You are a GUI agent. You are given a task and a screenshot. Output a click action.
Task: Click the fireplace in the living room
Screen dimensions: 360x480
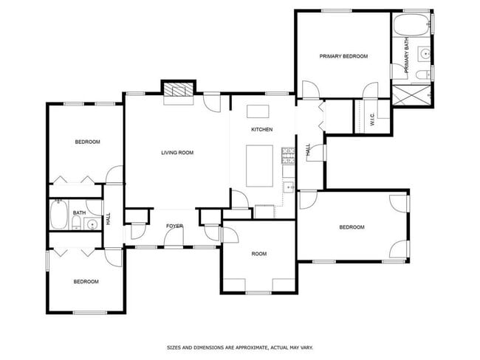[179, 91]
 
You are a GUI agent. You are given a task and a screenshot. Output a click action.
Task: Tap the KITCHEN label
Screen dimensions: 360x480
[261, 130]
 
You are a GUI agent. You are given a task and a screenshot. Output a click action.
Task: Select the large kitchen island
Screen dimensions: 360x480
[258, 165]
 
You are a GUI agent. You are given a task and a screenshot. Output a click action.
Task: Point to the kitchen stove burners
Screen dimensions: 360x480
[288, 155]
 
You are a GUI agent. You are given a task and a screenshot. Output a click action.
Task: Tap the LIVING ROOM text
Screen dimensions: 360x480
[177, 153]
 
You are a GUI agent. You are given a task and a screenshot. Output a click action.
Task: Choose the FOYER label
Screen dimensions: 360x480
[174, 226]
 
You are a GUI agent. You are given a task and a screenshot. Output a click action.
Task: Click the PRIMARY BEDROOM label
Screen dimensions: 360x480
[343, 56]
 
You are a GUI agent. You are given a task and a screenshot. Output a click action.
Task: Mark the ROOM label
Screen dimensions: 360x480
[258, 254]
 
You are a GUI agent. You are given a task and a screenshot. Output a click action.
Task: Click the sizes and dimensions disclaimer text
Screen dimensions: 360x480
[240, 345]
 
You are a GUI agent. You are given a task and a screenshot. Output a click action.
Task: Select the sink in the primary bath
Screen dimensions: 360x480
[426, 53]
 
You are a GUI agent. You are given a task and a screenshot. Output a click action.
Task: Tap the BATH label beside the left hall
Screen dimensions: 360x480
[79, 212]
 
